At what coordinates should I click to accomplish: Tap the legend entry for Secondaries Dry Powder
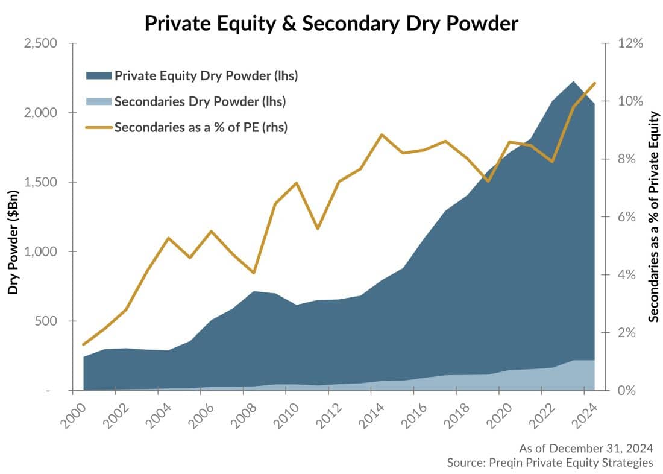pos(200,102)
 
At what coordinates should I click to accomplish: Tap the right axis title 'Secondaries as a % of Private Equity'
pos(653,217)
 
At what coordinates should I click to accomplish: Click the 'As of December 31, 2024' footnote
pos(586,448)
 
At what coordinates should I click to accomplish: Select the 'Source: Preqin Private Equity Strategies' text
pos(550,463)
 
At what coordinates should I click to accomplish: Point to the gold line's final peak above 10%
pos(594,83)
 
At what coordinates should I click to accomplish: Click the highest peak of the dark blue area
pos(573,81)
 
